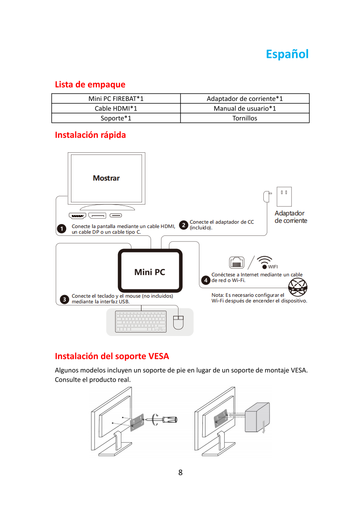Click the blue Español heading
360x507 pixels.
(x=287, y=54)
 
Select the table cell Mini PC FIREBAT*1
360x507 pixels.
(x=116, y=99)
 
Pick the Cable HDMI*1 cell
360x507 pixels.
(x=116, y=108)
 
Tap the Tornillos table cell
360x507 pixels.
(x=245, y=118)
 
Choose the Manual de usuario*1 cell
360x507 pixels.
(x=245, y=108)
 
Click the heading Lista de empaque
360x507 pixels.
(x=90, y=84)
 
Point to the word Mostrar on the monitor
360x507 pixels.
(x=106, y=178)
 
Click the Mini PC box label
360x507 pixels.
(x=150, y=272)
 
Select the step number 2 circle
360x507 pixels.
(x=184, y=225)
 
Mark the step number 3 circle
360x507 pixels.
(x=64, y=299)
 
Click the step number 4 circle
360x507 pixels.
(x=205, y=279)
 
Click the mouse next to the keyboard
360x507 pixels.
(x=179, y=322)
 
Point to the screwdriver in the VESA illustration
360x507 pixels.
(x=165, y=420)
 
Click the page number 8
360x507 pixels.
(x=180, y=473)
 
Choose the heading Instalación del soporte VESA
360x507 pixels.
(x=112, y=356)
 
